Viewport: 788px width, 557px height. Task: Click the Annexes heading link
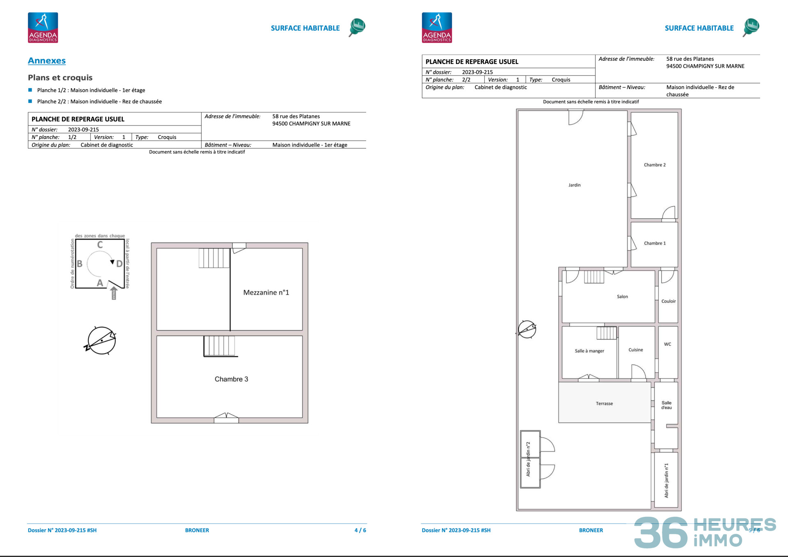point(47,61)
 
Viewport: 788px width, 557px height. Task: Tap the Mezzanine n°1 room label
point(266,292)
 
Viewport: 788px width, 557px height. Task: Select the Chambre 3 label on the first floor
point(231,379)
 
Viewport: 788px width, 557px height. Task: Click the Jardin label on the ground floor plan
point(574,185)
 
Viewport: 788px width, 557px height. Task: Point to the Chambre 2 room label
point(655,165)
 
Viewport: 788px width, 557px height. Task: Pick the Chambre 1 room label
point(655,243)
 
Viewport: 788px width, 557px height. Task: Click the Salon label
point(622,297)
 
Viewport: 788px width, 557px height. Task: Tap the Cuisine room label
point(635,350)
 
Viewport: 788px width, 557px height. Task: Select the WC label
point(667,344)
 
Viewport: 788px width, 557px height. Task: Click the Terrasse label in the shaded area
point(604,404)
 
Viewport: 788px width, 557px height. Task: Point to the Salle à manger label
point(589,351)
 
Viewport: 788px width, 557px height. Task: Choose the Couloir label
point(668,301)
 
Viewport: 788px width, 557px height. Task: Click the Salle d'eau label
point(667,405)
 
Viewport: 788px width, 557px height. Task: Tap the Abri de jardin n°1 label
point(666,480)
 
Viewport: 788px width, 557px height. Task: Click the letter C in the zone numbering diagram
point(100,245)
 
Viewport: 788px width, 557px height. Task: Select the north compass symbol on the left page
point(101,340)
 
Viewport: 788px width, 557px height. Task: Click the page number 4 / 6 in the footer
point(360,530)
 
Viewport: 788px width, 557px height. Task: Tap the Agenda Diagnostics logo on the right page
point(437,27)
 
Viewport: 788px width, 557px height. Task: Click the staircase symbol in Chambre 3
point(220,346)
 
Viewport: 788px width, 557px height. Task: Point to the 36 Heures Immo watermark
point(704,532)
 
